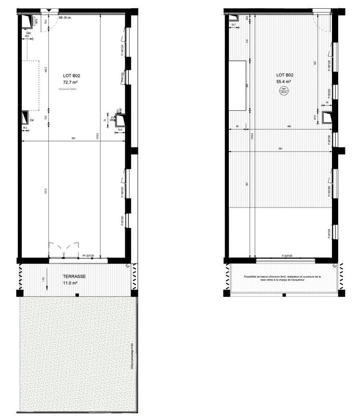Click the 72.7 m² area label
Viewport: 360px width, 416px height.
pyautogui.click(x=71, y=82)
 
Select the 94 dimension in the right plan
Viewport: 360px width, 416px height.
pyautogui.click(x=237, y=126)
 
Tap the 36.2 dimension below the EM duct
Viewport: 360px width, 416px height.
pyautogui.click(x=24, y=127)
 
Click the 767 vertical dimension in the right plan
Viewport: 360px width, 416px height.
pyautogui.click(x=246, y=185)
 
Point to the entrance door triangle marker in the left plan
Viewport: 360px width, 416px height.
pyautogui.click(x=48, y=11)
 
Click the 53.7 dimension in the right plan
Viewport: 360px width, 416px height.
pyautogui.click(x=233, y=24)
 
